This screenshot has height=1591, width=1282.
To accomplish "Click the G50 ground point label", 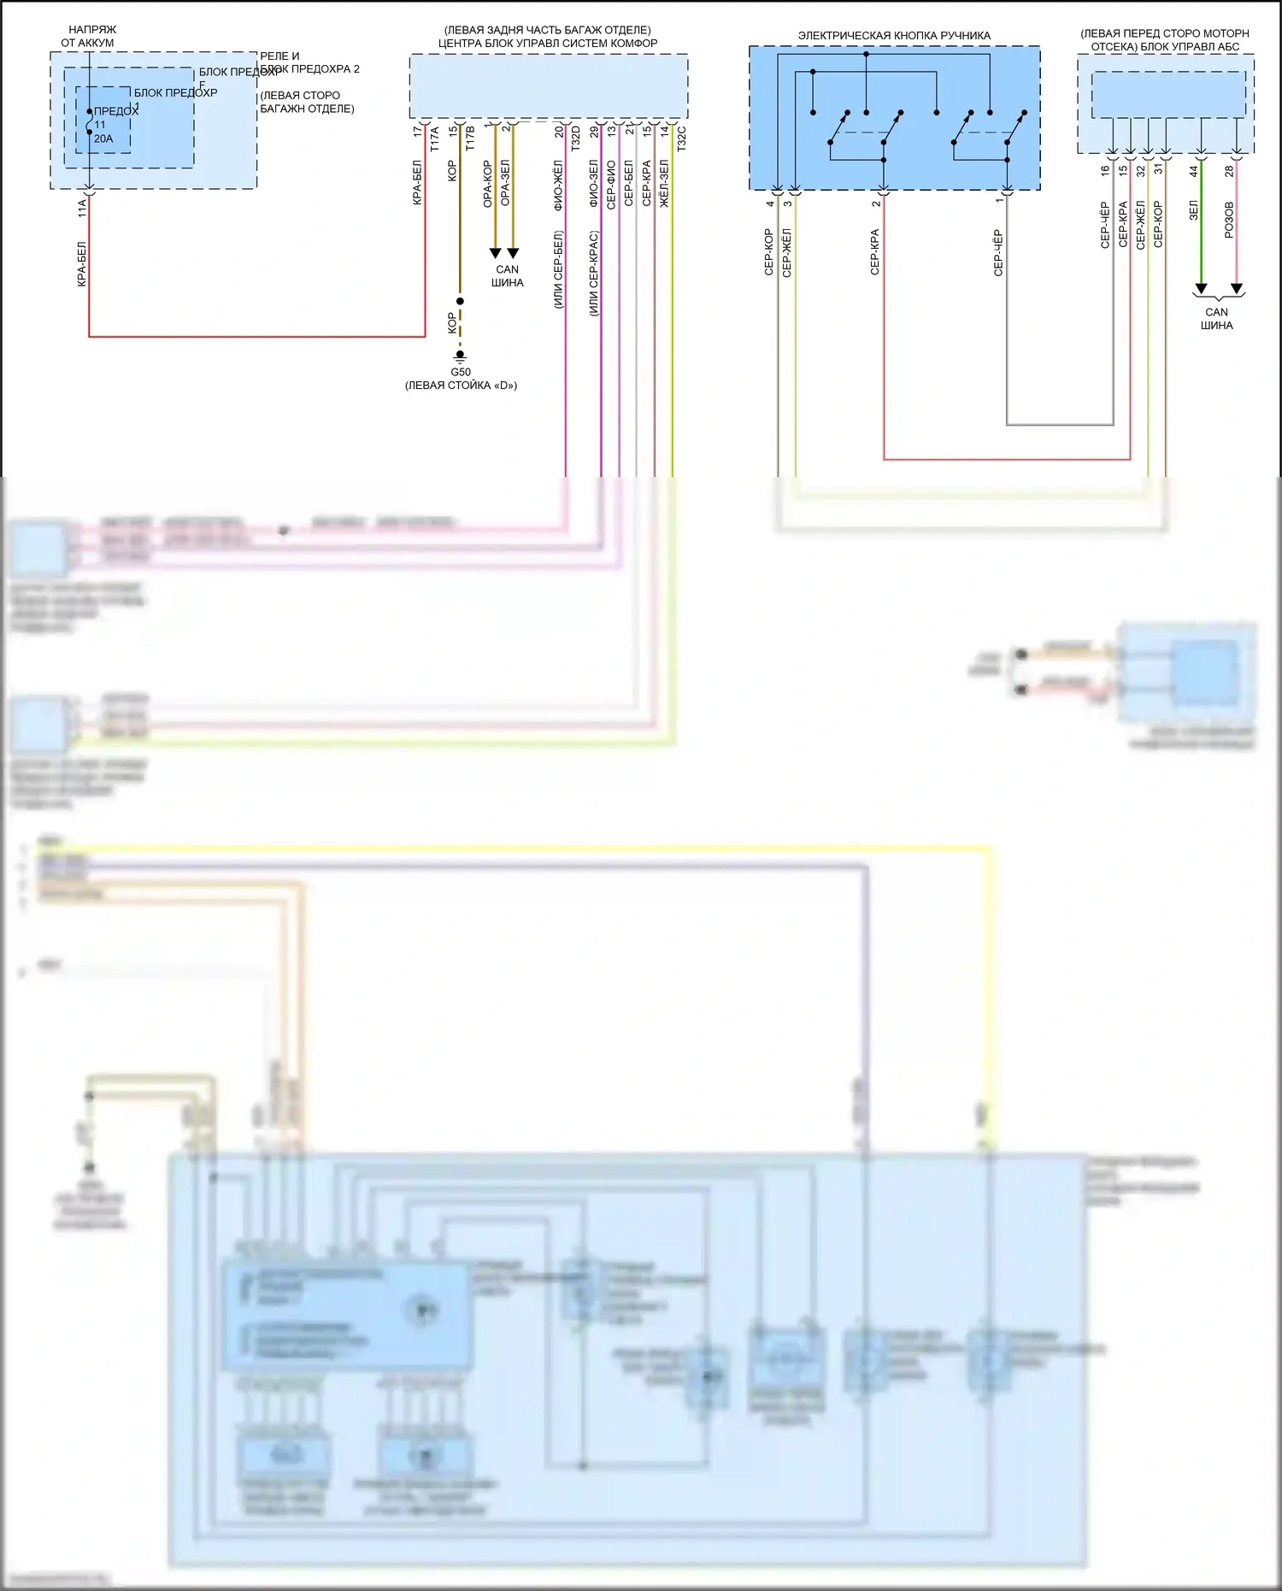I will coord(460,372).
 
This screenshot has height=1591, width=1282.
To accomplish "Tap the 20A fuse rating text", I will coord(103,138).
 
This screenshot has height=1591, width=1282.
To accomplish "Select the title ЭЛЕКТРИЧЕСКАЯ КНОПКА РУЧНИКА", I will coord(894,36).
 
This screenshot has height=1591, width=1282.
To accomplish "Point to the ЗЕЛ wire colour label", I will coord(1194,209).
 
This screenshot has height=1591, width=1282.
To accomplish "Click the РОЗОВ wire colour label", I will coord(1229,220).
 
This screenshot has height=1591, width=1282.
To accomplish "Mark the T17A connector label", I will coord(434,139).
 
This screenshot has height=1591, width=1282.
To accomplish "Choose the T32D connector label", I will coord(575,139).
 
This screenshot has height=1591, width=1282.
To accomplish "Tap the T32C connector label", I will coord(681,139).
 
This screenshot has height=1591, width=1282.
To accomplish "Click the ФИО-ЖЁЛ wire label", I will coord(558,185).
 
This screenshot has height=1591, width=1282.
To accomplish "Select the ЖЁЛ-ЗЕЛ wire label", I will coord(664,184).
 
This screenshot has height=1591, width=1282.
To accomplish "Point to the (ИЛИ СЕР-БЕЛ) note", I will coord(558,269).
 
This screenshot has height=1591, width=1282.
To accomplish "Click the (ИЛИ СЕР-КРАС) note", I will coord(593,274).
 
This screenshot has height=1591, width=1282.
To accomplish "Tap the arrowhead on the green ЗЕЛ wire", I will coord(1201,288).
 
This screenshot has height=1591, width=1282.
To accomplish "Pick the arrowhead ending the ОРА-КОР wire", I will coord(495,252).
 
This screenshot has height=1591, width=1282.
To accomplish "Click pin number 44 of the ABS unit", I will coord(1194,171).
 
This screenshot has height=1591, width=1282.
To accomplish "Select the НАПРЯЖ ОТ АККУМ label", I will coord(89,36).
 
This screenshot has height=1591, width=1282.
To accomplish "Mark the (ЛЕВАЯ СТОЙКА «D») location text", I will coord(461,386).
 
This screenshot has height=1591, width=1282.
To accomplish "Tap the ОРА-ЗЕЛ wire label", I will coord(505,183).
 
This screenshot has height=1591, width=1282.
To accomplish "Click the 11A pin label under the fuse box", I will coord(82,208).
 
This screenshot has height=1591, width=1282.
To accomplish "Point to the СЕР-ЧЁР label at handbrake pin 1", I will coord(998,253).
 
